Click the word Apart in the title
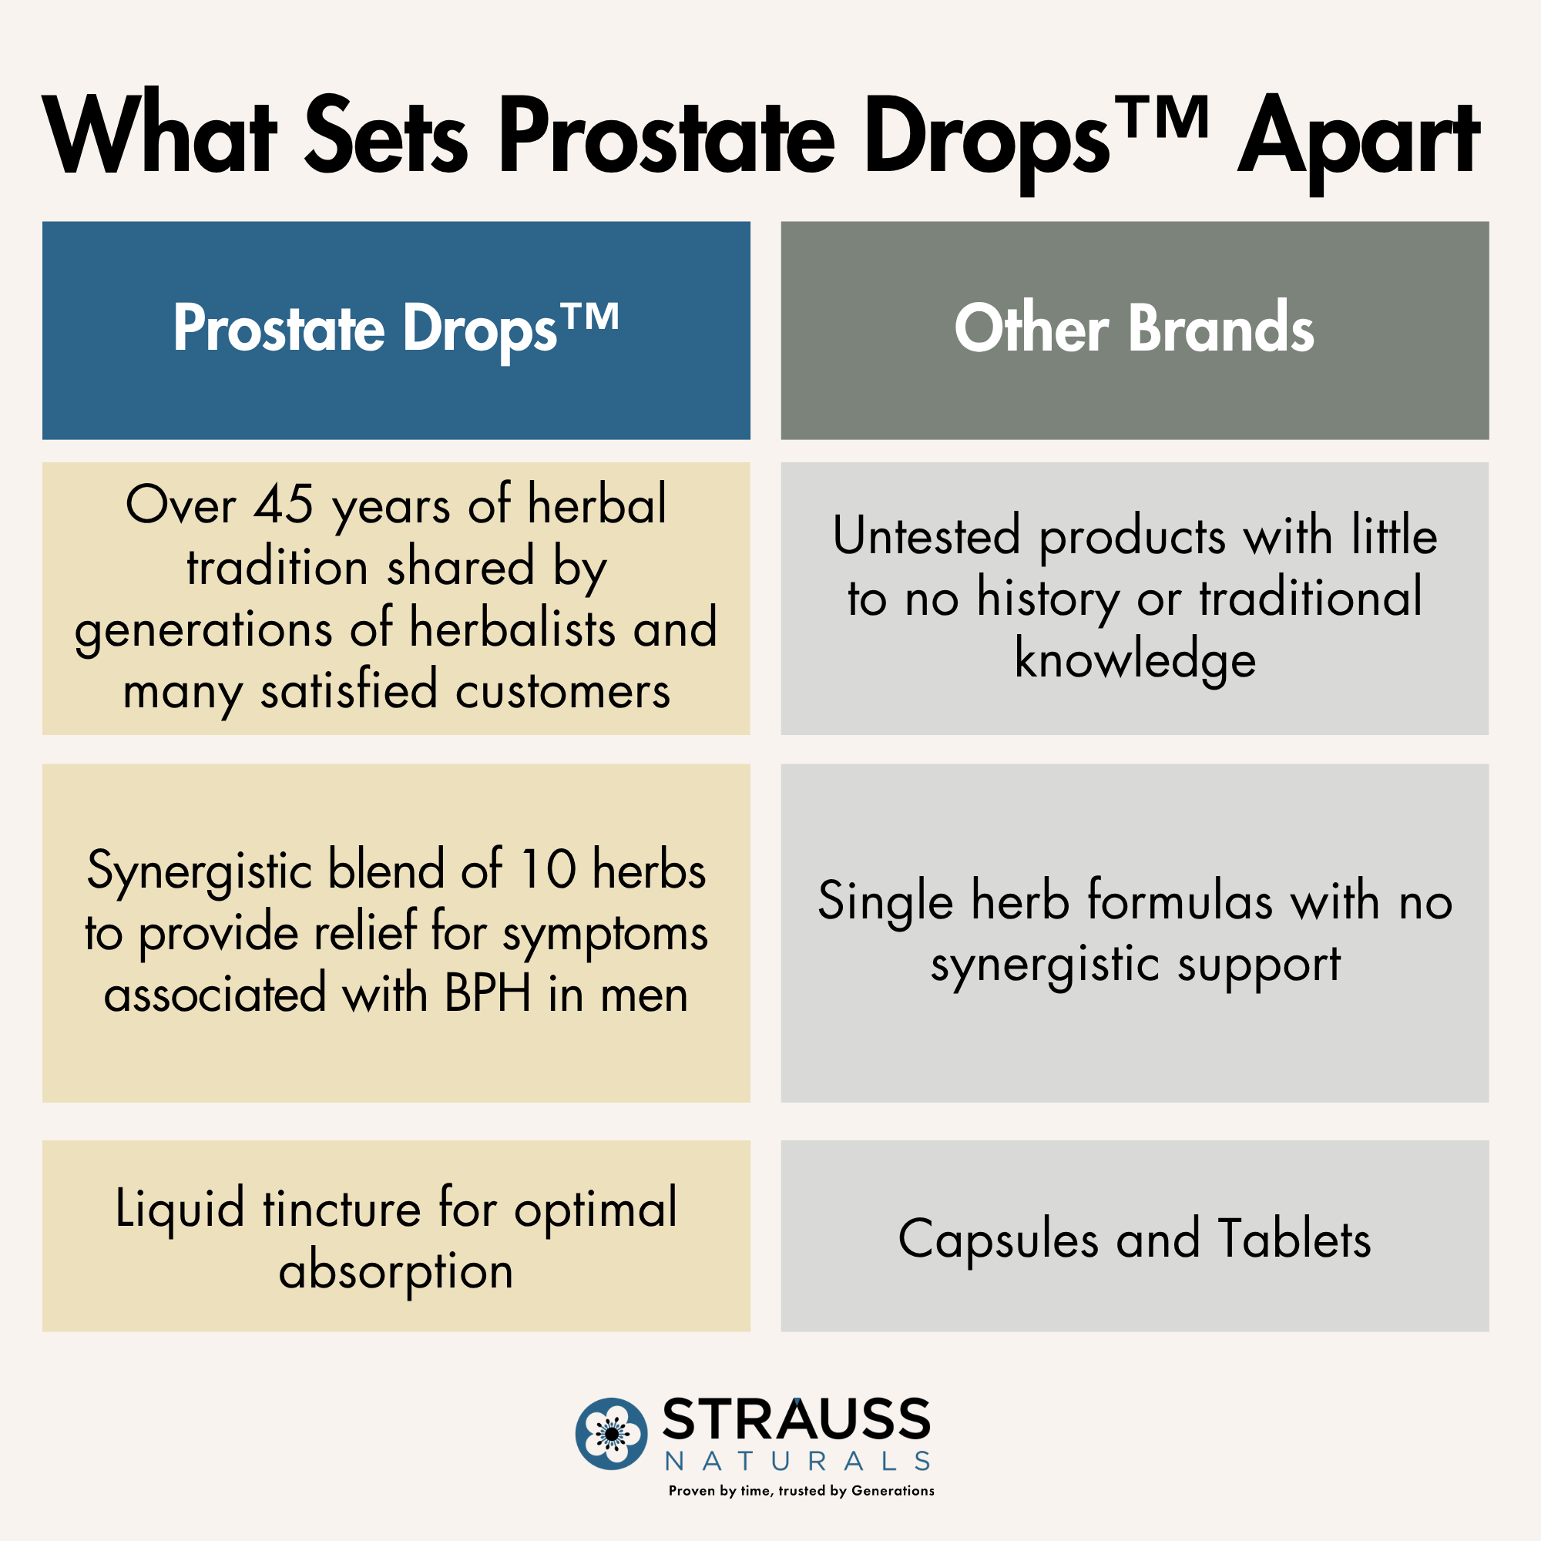coord(1358,137)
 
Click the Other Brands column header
coord(1134,330)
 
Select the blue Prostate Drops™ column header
coord(395,330)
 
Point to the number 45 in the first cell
coord(283,505)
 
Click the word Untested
coord(926,535)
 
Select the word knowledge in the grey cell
coord(1134,660)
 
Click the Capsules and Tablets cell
coord(1134,1239)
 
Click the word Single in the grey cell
coord(885,901)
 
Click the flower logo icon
coord(611,1433)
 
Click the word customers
coord(562,690)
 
